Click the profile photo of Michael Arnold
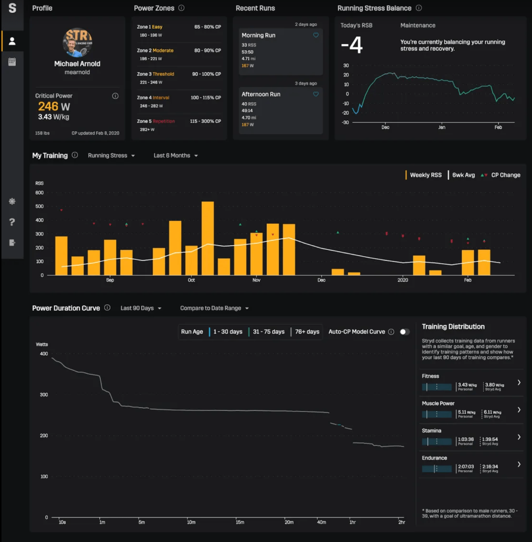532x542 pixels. (77, 42)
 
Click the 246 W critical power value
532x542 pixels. (54, 106)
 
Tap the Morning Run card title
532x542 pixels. (258, 35)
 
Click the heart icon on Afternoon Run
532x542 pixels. (316, 94)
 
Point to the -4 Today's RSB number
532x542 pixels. (352, 45)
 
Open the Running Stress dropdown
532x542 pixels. (111, 156)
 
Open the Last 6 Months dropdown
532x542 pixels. (176, 156)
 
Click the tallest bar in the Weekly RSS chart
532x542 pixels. (208, 238)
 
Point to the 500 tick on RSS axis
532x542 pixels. (40, 206)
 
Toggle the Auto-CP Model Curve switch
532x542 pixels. (404, 332)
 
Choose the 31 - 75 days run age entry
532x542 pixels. (268, 332)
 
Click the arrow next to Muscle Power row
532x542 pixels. (519, 410)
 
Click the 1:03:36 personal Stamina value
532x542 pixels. (466, 439)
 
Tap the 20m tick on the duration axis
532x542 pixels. (289, 522)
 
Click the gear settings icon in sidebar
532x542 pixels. (12, 201)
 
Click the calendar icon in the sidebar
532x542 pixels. (12, 62)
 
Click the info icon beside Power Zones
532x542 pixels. (181, 8)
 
